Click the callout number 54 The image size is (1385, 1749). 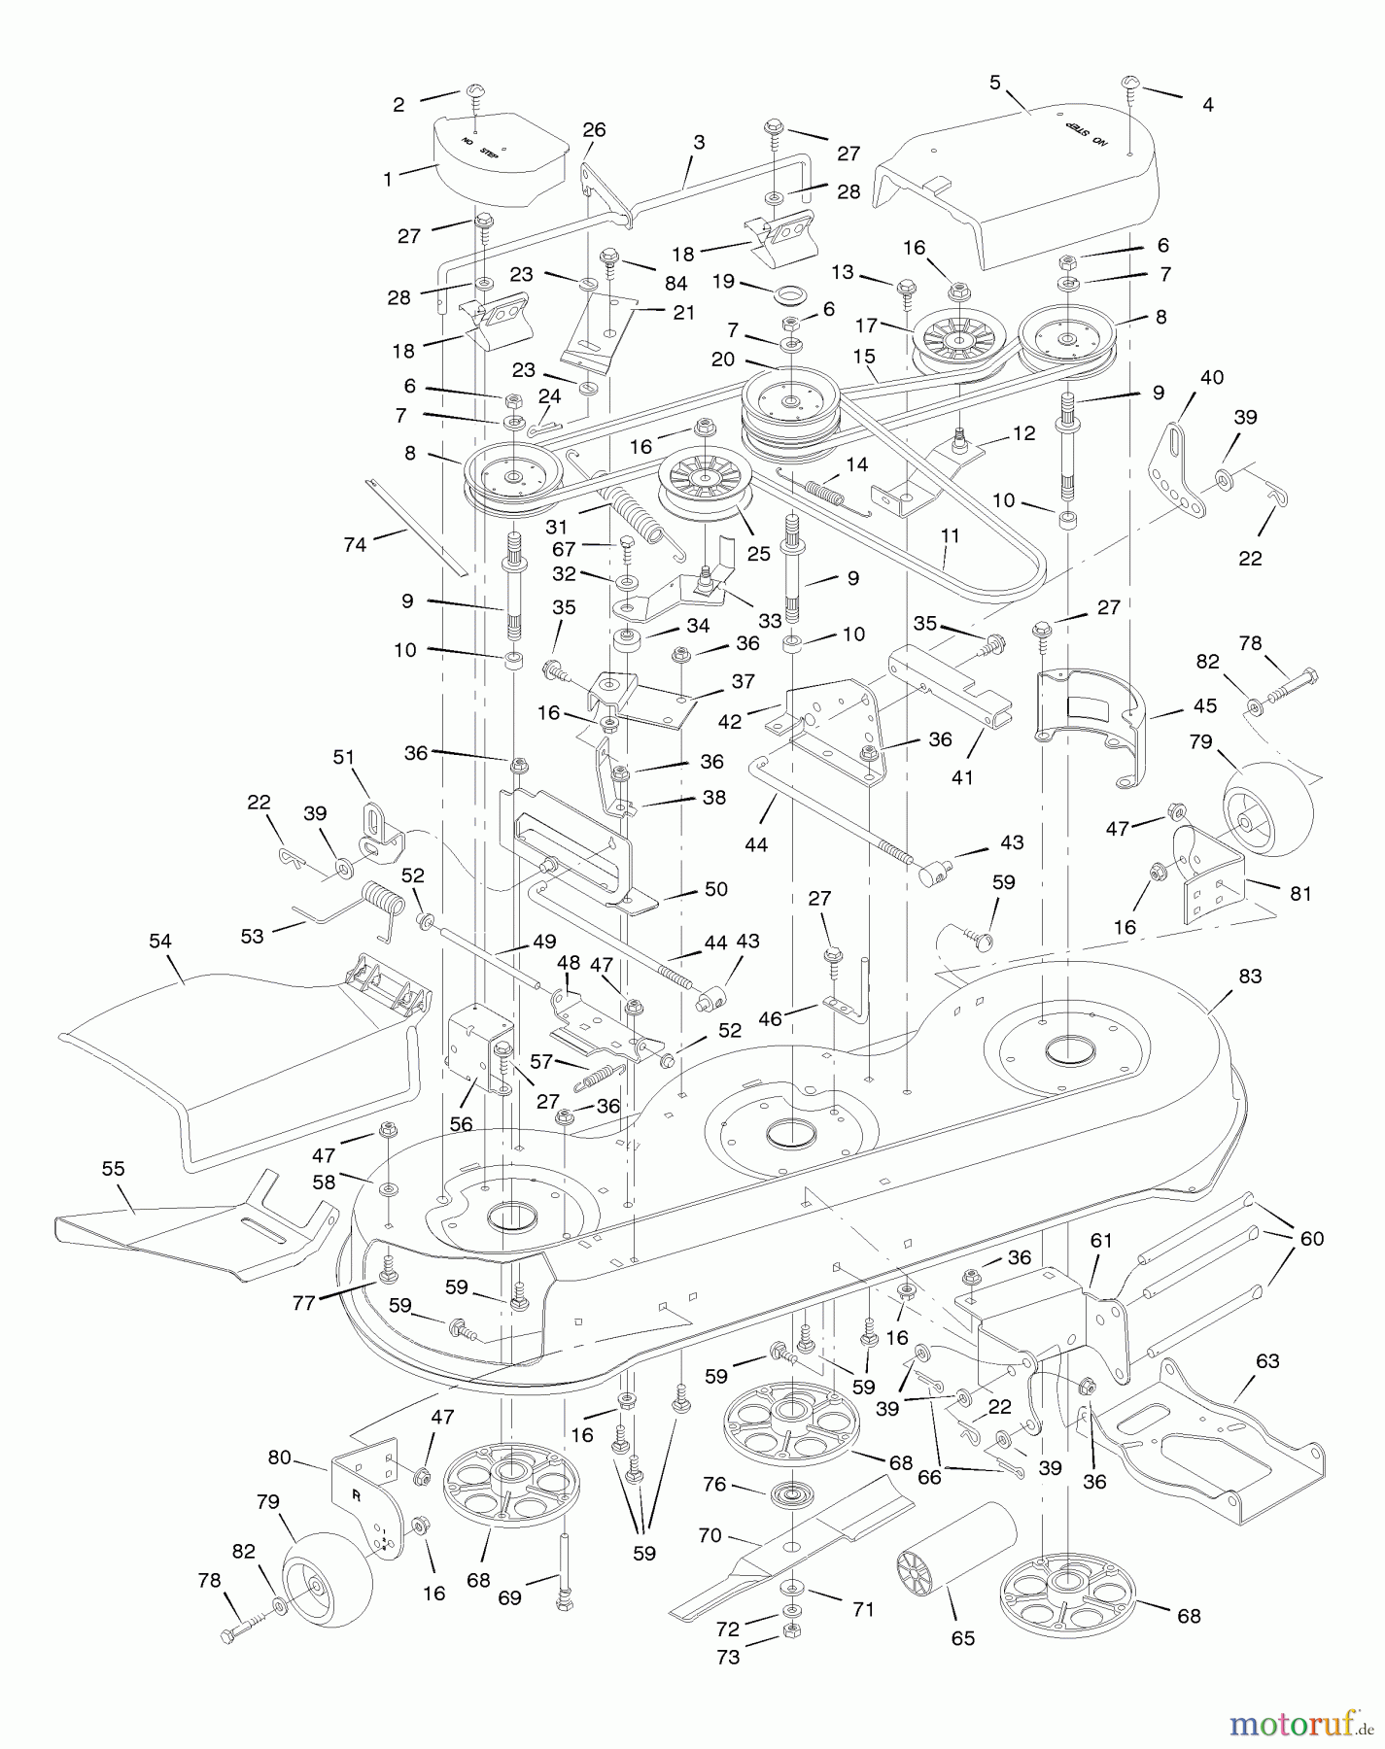pos(159,941)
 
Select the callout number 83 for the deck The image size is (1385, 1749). pos(1250,976)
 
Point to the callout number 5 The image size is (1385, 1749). pos(994,83)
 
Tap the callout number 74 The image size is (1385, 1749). pos(355,545)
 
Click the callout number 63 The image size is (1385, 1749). pos(1267,1361)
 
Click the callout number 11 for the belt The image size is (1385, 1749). pos(950,535)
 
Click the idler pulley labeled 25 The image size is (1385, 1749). pos(704,486)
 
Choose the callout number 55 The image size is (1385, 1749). pos(114,1168)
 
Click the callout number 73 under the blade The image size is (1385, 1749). pos(727,1657)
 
